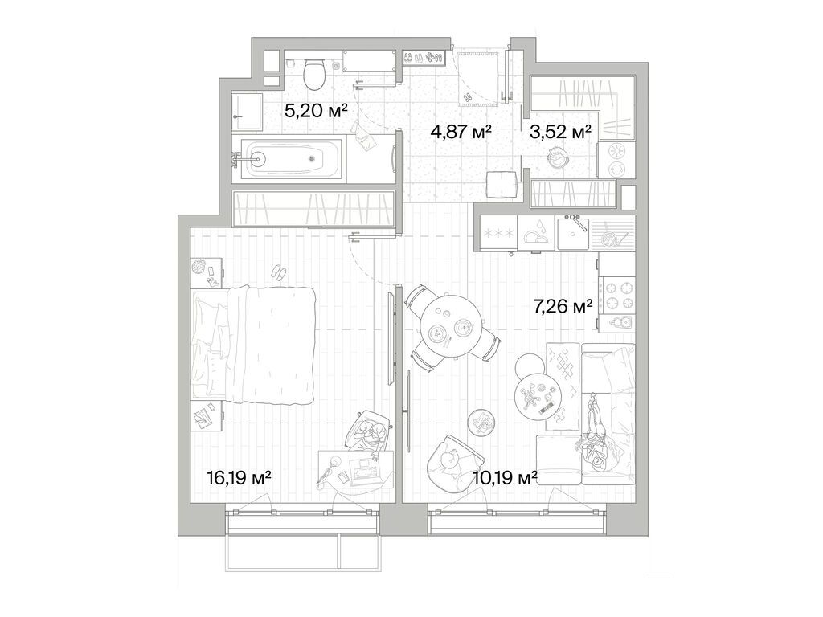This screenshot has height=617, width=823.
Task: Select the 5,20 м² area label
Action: (315, 111)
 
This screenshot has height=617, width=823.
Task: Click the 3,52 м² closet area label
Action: (560, 130)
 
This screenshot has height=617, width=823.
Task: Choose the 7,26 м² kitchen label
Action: (563, 306)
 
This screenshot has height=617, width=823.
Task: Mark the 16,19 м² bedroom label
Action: (239, 478)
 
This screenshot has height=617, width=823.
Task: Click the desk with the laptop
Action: (354, 469)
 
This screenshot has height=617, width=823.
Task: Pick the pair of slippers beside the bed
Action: (278, 272)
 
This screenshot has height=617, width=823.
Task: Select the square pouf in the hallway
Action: (499, 184)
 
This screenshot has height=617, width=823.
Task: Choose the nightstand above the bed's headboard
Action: (206, 272)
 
